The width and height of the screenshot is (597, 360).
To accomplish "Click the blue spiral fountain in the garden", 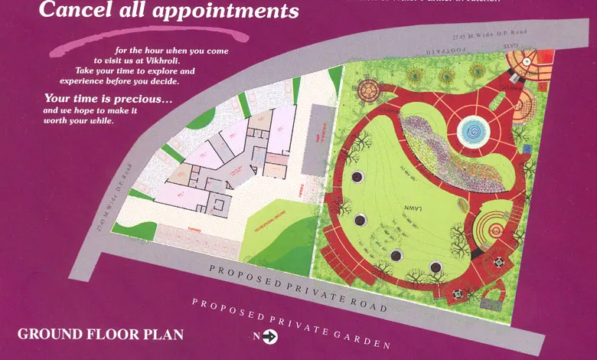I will coord(471,131).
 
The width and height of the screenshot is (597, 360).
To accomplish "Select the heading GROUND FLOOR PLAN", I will coord(100,335).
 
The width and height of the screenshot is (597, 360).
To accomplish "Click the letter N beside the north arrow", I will coord(256,335).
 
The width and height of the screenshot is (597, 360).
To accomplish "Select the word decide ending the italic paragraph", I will coord(162,80).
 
